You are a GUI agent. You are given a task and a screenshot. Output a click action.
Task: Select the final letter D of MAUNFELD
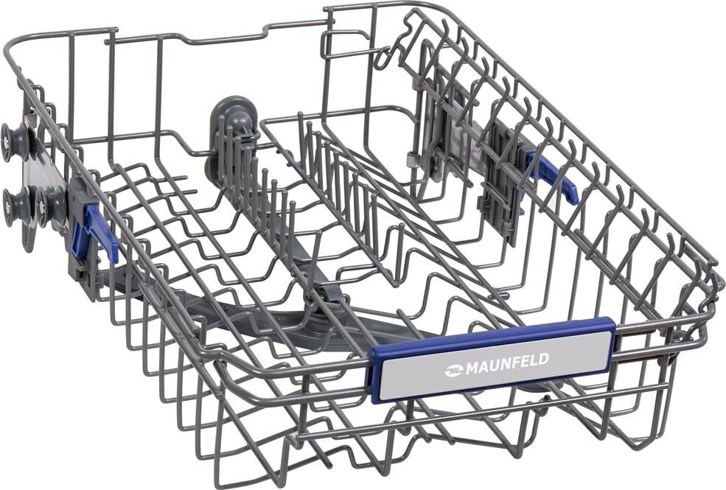(544, 358)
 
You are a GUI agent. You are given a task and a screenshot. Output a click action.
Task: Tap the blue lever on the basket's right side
(554, 178)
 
